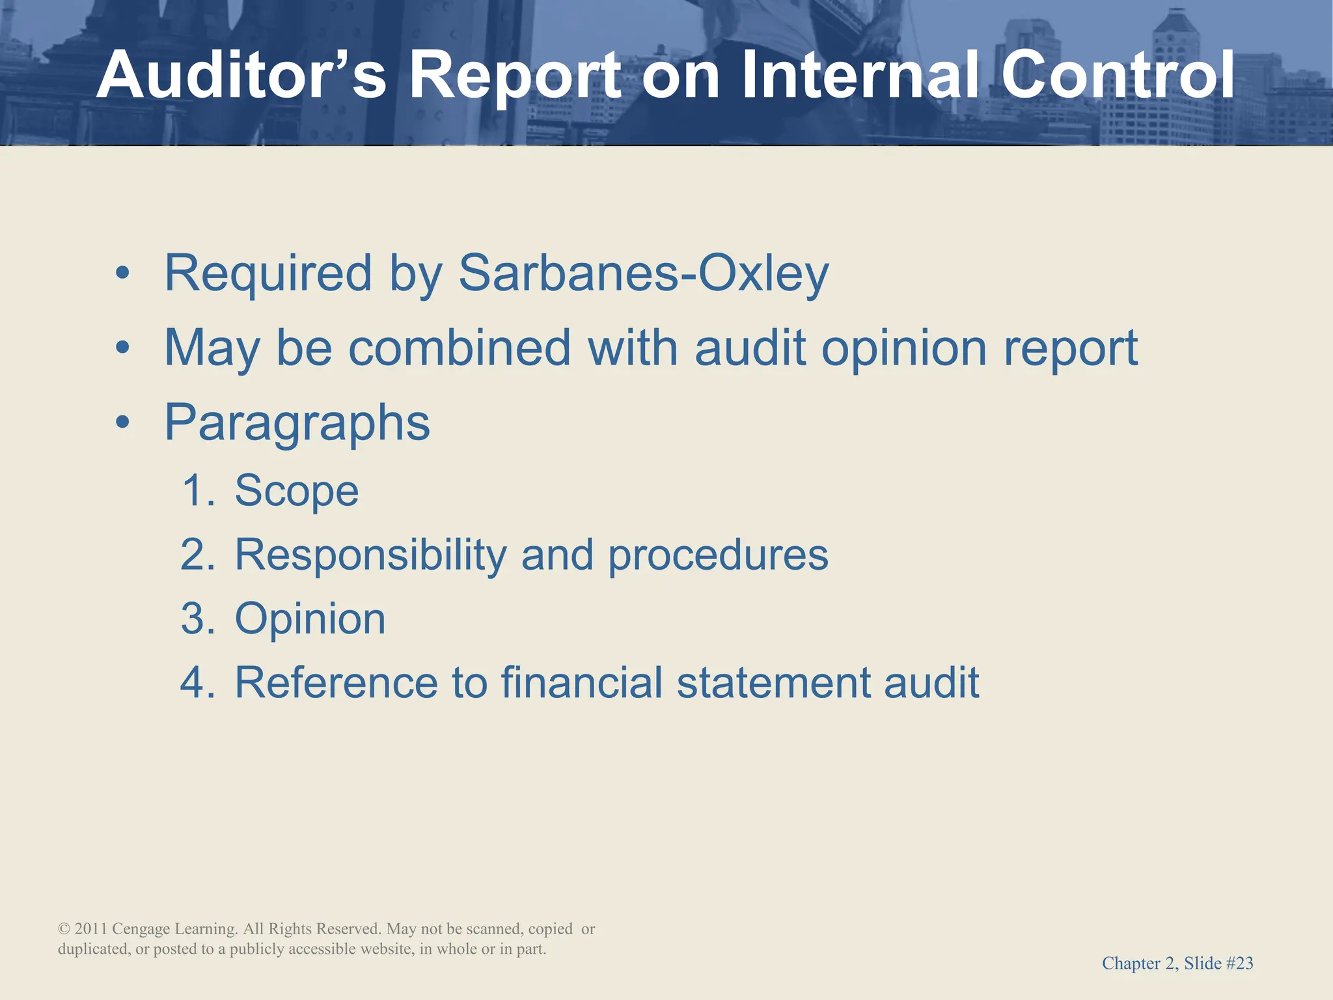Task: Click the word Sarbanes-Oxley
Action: point(643,273)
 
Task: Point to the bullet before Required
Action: point(122,275)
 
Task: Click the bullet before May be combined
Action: point(122,350)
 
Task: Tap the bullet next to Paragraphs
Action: point(122,424)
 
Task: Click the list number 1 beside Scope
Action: point(197,490)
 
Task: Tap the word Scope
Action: point(296,490)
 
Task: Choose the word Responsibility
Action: point(370,555)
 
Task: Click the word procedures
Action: point(718,555)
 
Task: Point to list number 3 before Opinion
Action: point(197,618)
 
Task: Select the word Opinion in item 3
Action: point(310,619)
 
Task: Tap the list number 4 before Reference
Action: point(197,683)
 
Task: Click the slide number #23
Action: point(1239,964)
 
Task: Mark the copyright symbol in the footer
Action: point(64,929)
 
